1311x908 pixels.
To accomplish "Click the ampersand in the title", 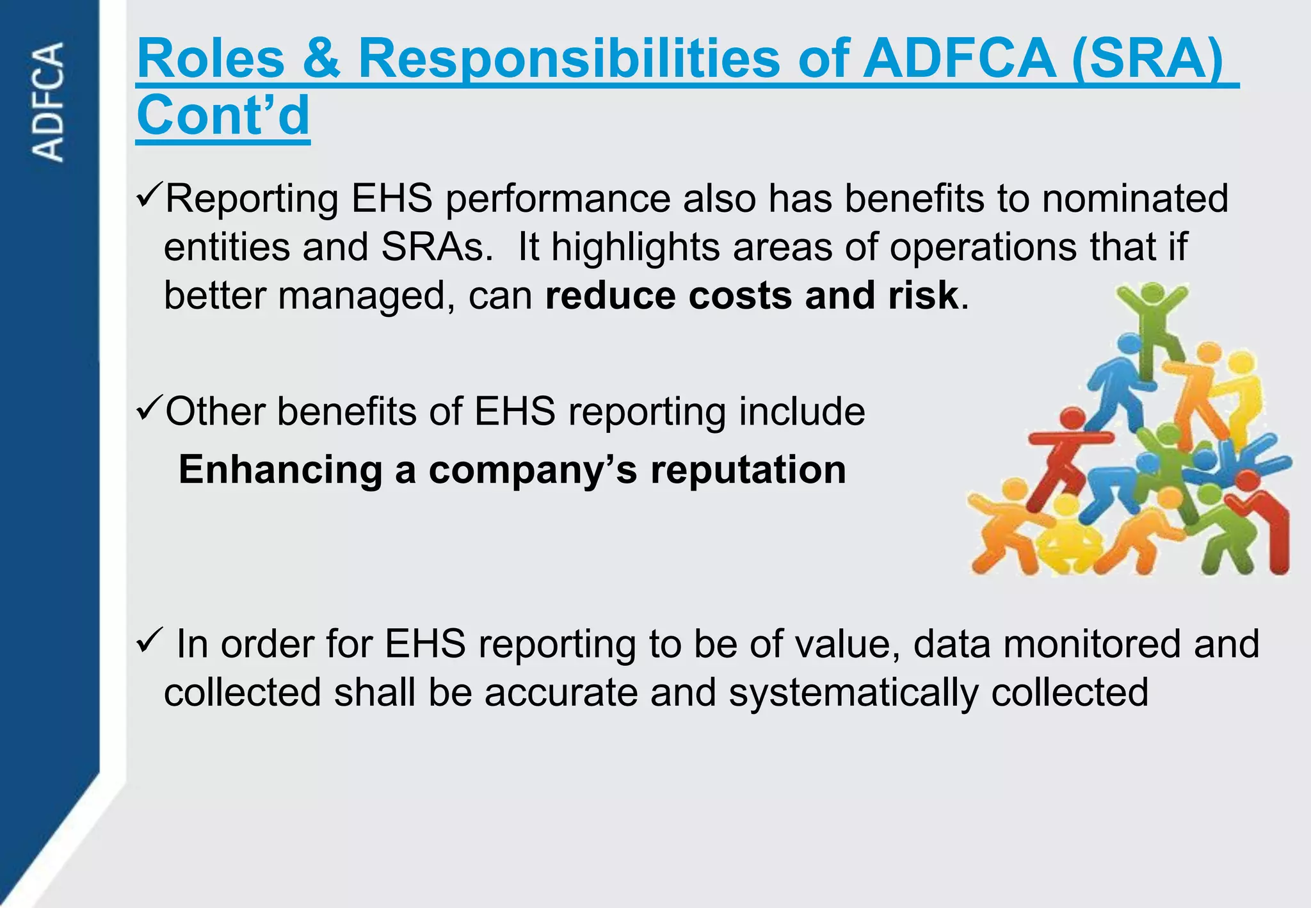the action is pos(321,58).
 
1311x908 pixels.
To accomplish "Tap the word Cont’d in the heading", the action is pos(223,115).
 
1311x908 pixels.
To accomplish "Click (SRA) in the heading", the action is pos(1146,58).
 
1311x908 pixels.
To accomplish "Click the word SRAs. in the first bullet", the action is pos(437,247).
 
